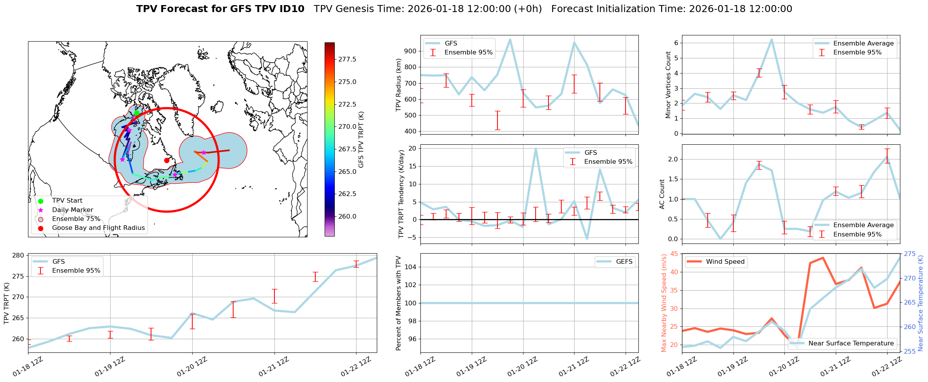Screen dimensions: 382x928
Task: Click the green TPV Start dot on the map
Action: click(x=137, y=113)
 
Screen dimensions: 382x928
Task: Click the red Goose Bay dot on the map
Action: click(x=167, y=160)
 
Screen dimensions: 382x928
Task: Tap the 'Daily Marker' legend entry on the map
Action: click(x=72, y=210)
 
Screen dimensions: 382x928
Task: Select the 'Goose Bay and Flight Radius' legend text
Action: click(x=98, y=228)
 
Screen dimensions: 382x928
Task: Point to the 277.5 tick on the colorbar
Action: click(x=347, y=59)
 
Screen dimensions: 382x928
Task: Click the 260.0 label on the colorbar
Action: click(x=347, y=217)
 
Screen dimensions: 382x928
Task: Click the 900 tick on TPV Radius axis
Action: click(x=411, y=51)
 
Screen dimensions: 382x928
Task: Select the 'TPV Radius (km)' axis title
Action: click(x=398, y=85)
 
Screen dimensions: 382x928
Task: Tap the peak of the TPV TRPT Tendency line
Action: click(x=536, y=148)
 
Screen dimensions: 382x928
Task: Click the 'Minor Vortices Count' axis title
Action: click(x=668, y=85)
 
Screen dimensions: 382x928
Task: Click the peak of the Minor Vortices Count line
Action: click(x=772, y=39)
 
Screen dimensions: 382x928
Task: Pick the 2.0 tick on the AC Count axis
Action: click(x=673, y=159)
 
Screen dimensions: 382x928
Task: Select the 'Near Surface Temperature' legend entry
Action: click(x=851, y=343)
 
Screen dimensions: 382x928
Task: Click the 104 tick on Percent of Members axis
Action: click(x=412, y=267)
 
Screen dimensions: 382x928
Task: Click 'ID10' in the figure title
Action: click(x=292, y=9)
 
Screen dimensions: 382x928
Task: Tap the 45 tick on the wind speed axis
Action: click(x=674, y=254)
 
